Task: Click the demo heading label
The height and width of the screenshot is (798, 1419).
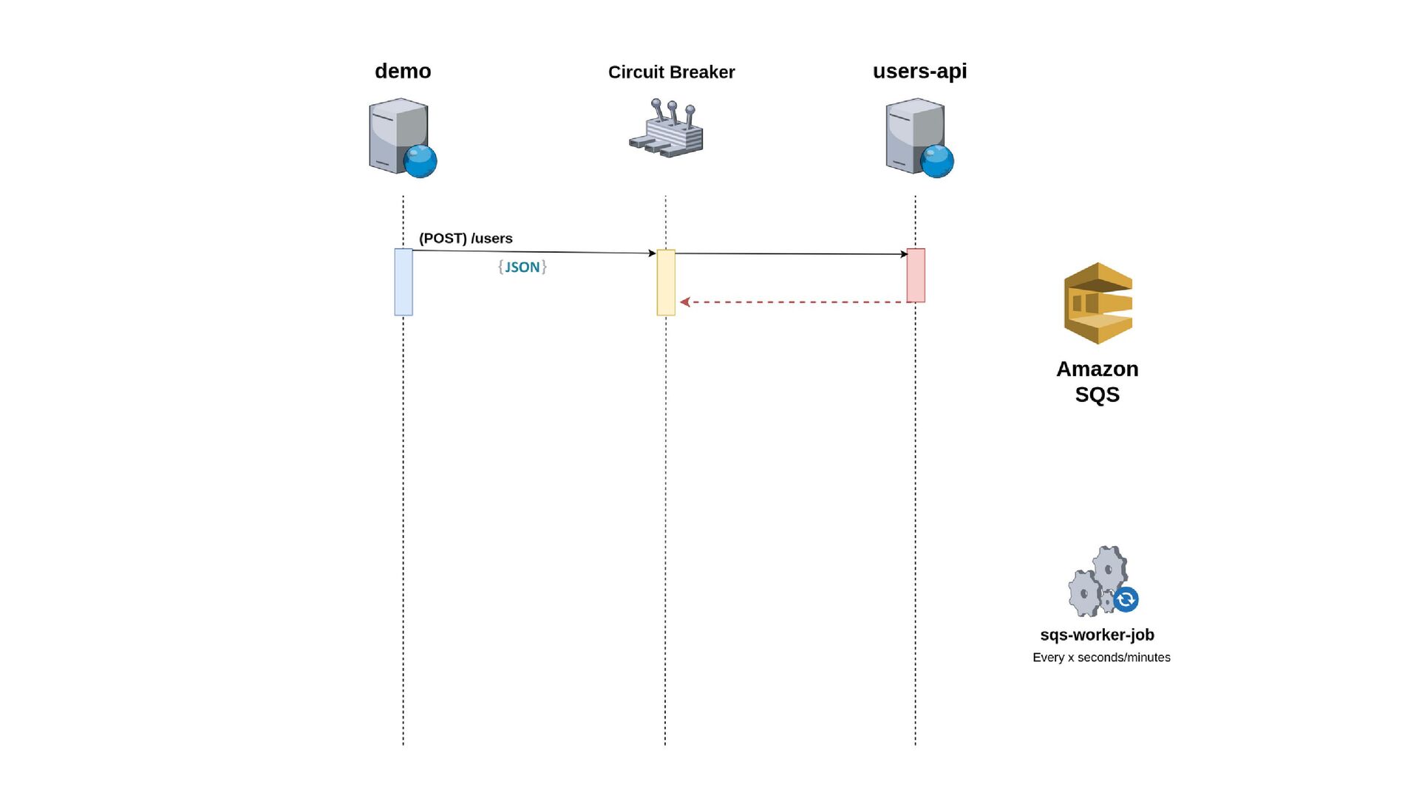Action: pyautogui.click(x=403, y=71)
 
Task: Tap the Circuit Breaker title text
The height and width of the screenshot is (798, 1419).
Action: pyautogui.click(x=671, y=72)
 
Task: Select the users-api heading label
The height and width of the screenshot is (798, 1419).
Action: pyautogui.click(x=919, y=71)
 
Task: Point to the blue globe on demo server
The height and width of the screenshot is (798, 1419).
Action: pyautogui.click(x=421, y=161)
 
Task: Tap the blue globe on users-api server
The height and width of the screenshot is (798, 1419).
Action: pyautogui.click(x=937, y=161)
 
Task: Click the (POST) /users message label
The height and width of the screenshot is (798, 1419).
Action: pyautogui.click(x=466, y=239)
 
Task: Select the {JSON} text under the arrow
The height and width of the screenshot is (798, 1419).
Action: pyautogui.click(x=523, y=267)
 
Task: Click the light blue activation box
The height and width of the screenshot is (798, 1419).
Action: pyautogui.click(x=404, y=282)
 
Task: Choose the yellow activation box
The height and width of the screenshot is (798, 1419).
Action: pyautogui.click(x=666, y=282)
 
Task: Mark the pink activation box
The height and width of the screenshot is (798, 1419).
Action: pyautogui.click(x=916, y=276)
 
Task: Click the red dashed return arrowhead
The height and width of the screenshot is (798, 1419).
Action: pyautogui.click(x=684, y=302)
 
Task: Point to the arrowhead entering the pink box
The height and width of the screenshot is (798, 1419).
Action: pyautogui.click(x=904, y=254)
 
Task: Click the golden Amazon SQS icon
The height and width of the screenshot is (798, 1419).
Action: pyautogui.click(x=1098, y=303)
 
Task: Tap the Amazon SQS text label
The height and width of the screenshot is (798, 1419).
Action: pyautogui.click(x=1098, y=381)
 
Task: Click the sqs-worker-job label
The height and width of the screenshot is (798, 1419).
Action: pyautogui.click(x=1098, y=635)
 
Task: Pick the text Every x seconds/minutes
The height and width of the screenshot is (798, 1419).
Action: pyautogui.click(x=1101, y=658)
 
